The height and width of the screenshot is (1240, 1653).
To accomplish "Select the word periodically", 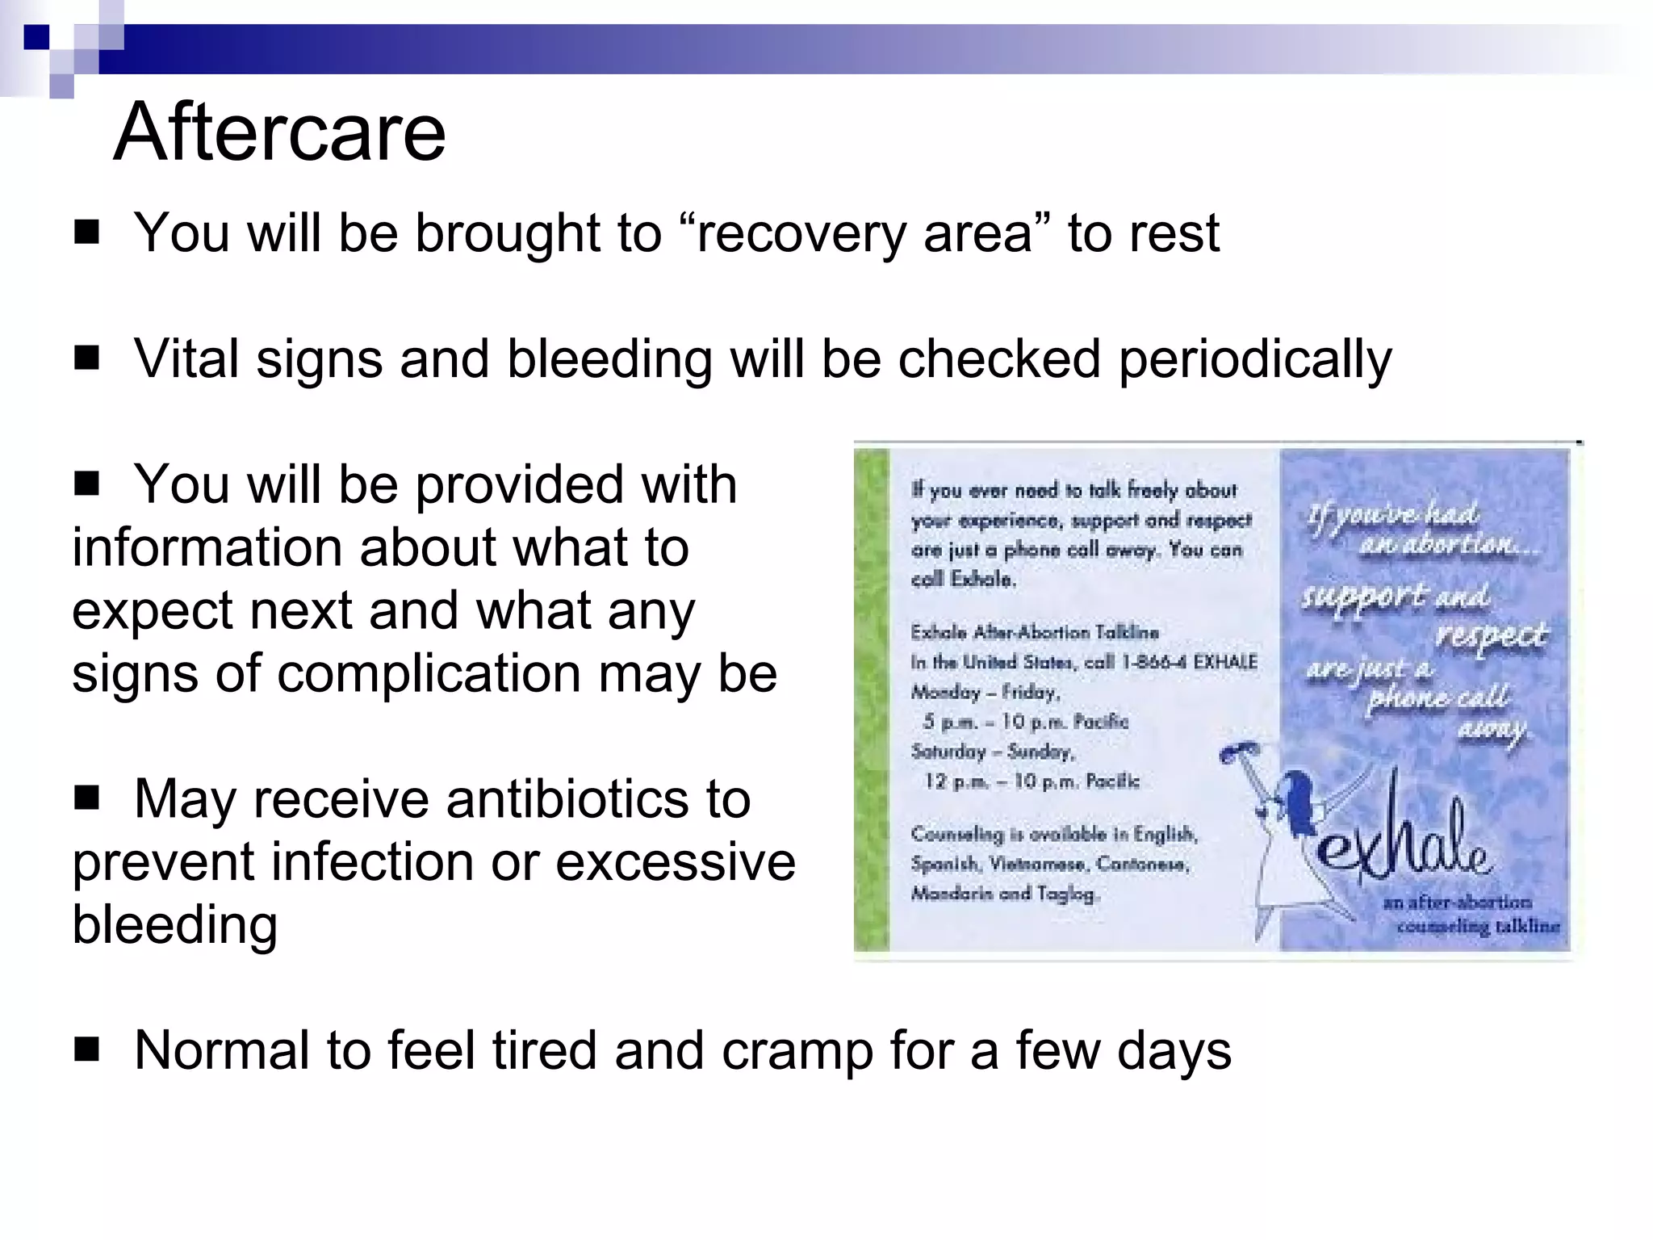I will coord(1255,359).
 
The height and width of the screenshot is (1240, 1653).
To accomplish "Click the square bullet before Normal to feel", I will coord(86,1050).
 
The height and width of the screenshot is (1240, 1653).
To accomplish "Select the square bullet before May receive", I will coord(86,798).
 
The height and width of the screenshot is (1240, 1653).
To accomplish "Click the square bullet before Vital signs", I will coord(86,358).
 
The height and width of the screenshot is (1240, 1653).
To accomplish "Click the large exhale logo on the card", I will coord(1404,840).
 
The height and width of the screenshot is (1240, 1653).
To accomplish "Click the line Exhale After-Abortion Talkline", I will coord(1035,632).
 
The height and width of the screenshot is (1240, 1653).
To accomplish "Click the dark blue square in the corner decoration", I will coord(36,36).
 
